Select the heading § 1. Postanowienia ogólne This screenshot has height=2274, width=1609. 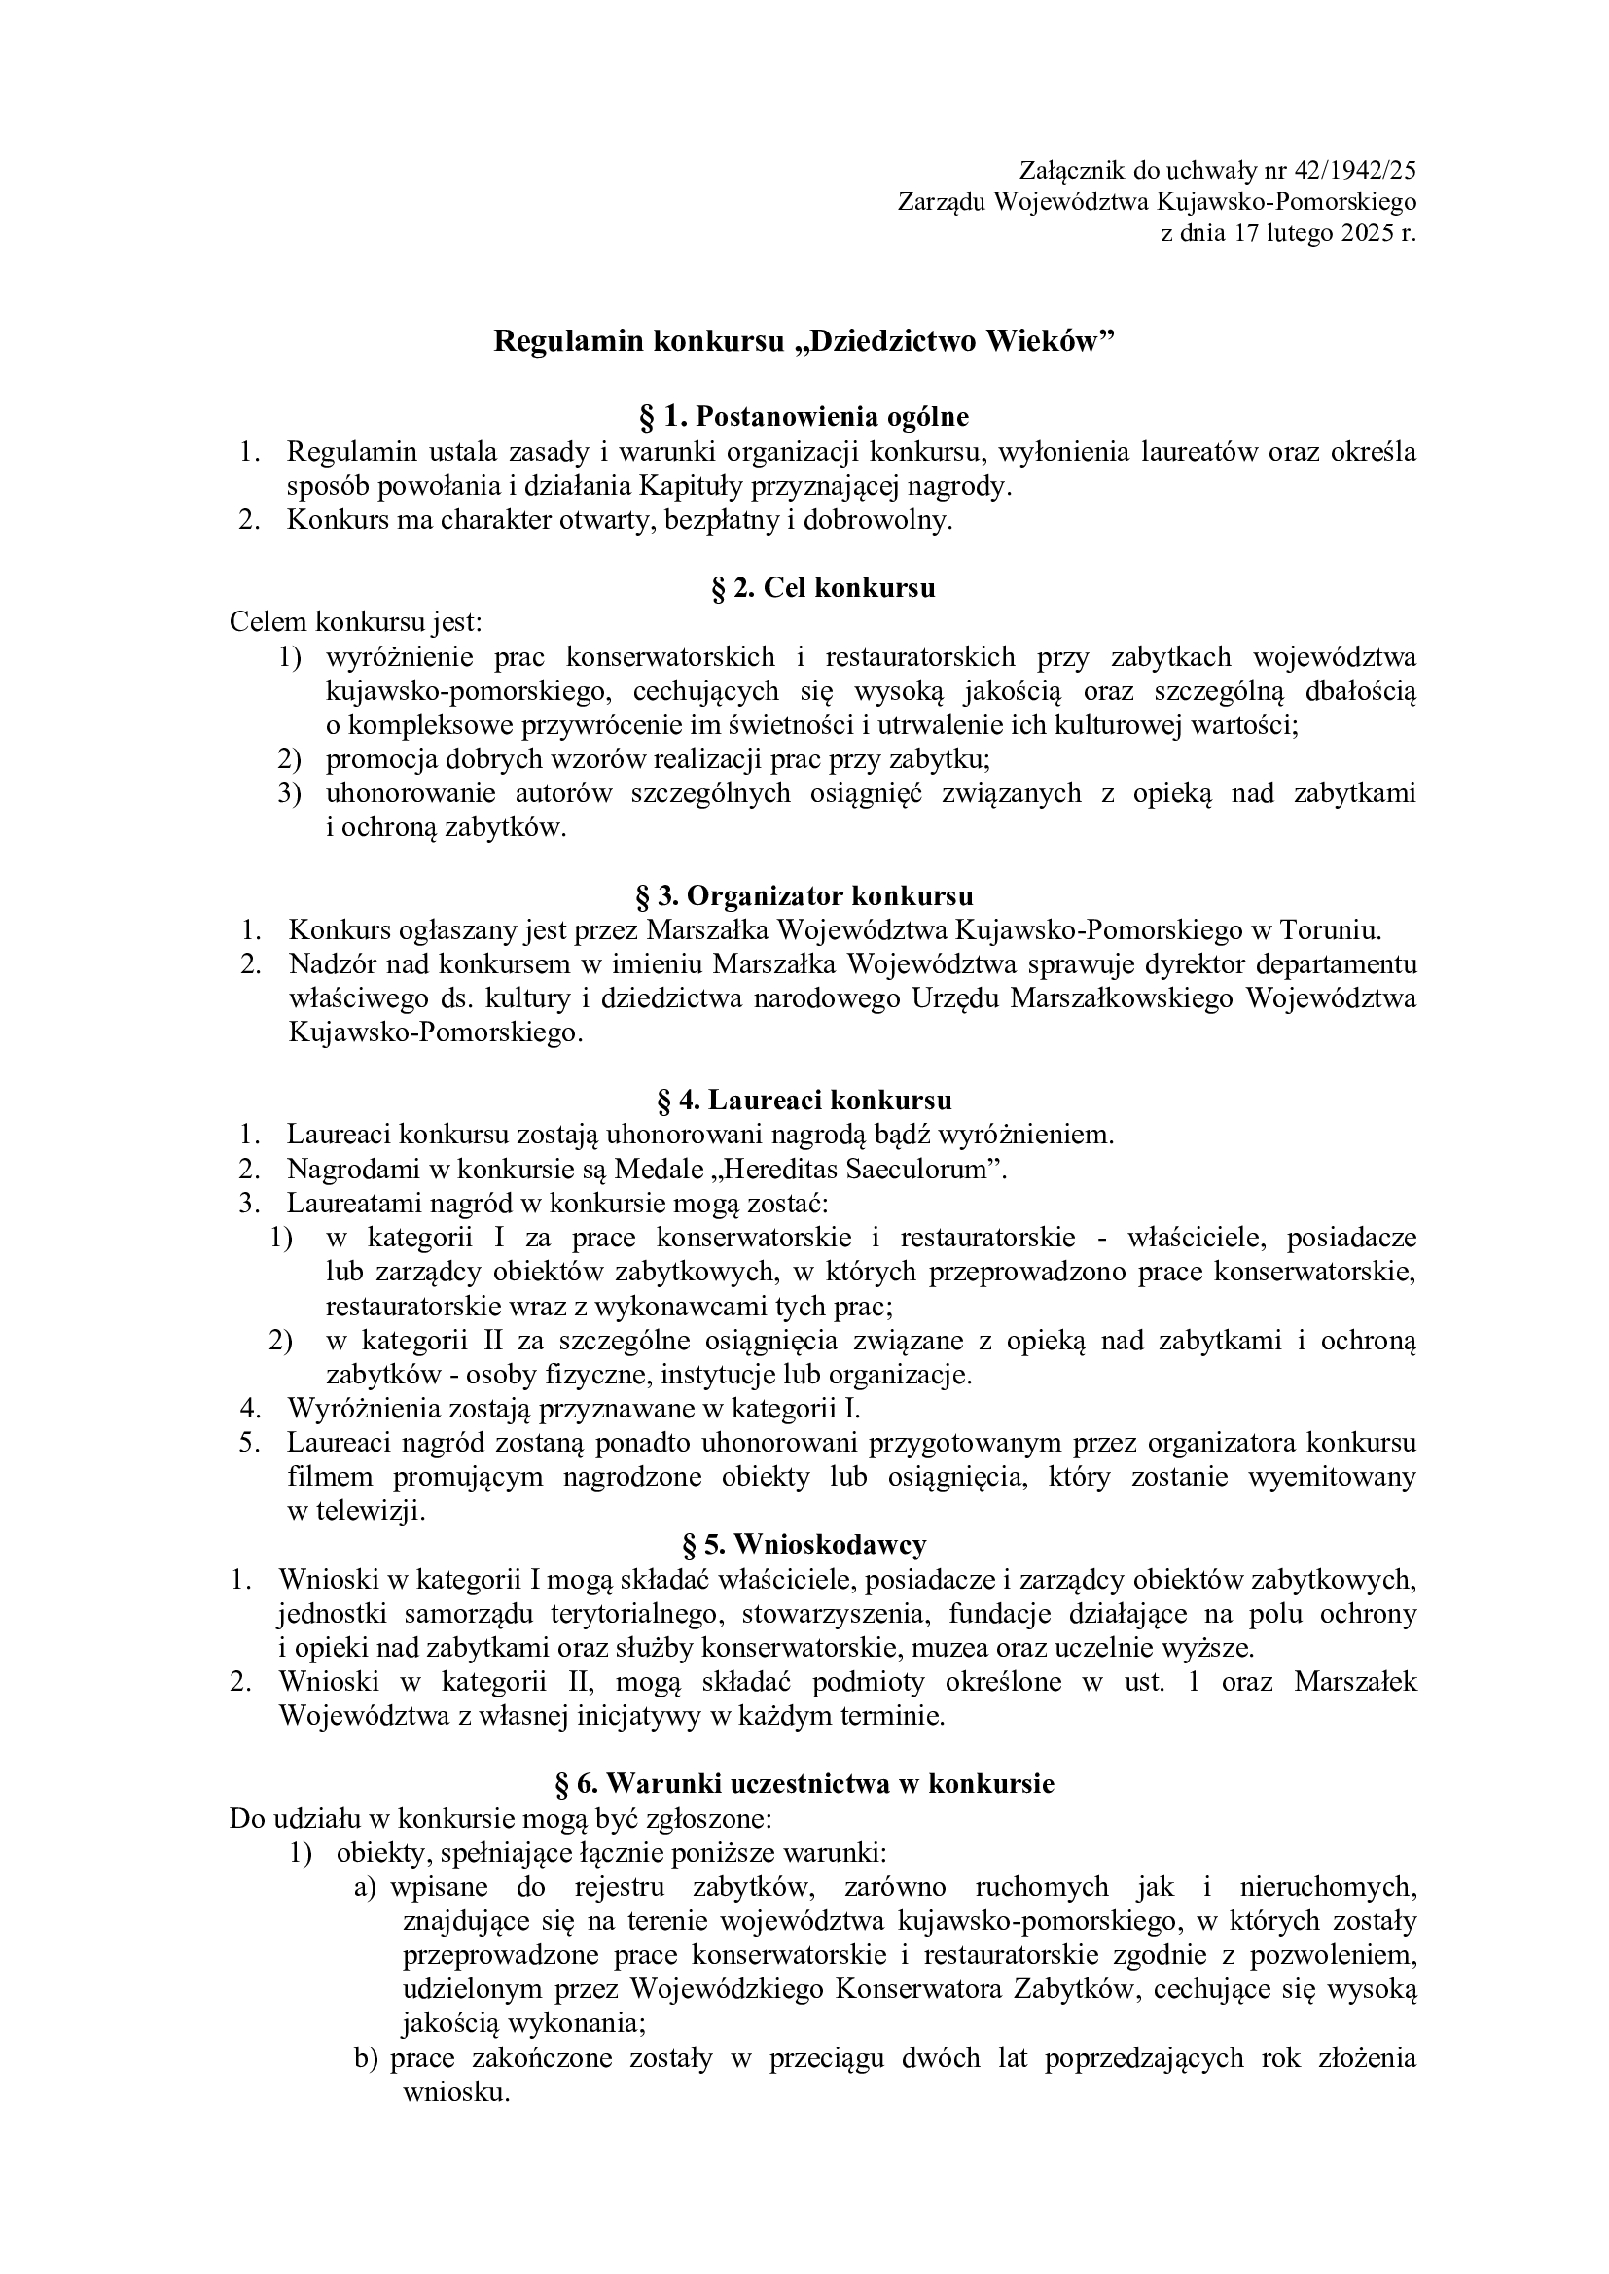point(804,417)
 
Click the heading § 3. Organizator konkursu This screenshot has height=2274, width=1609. point(804,895)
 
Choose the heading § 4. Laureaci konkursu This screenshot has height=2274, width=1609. point(804,1101)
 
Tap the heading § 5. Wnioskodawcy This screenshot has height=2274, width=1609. point(804,1544)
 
